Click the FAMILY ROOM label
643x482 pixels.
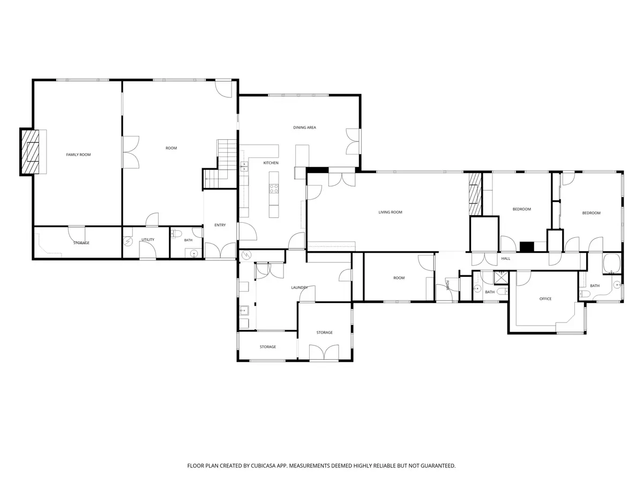[78, 155]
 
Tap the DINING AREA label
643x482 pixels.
[304, 127]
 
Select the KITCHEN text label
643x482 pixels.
[271, 163]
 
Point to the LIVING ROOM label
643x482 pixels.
[390, 212]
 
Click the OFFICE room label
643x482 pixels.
[545, 299]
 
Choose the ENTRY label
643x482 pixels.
[220, 225]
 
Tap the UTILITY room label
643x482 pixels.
[148, 240]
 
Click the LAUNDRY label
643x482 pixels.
[300, 288]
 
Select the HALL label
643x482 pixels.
[506, 259]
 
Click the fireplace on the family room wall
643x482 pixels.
[30, 152]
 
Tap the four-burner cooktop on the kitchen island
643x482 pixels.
[274, 189]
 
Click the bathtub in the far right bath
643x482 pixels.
[612, 263]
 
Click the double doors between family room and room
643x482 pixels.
[130, 152]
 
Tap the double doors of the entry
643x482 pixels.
[220, 251]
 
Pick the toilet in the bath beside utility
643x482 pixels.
[177, 234]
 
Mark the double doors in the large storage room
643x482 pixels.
[324, 352]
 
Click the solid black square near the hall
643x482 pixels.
[527, 246]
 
